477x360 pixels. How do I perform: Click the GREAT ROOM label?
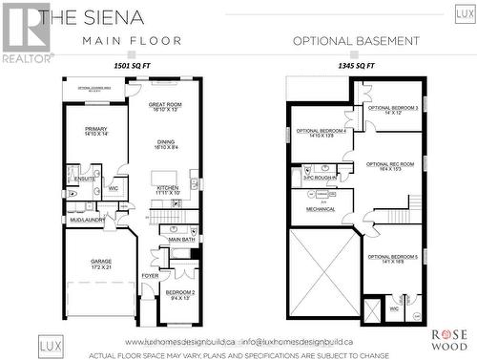click(x=172, y=106)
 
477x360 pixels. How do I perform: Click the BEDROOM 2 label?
click(x=179, y=294)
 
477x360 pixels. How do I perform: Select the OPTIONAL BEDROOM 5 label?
click(x=392, y=258)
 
